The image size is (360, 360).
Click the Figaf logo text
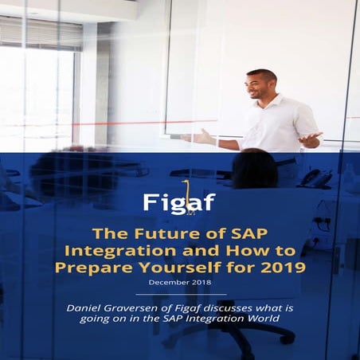tap(178, 202)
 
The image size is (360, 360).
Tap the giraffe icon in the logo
tap(185, 193)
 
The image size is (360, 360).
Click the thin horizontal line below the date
tap(180, 295)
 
